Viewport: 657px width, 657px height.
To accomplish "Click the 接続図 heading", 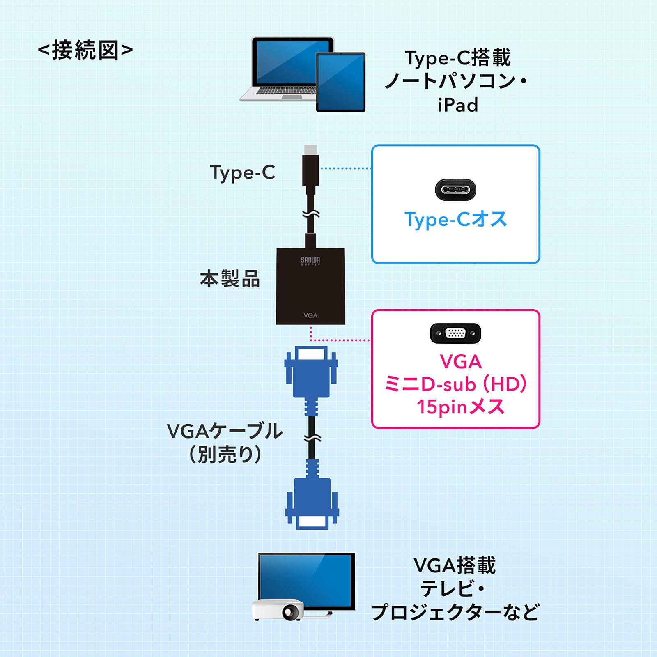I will pos(85,50).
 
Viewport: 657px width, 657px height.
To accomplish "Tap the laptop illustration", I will pos(283,68).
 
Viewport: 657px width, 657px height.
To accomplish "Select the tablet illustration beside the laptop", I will pos(340,82).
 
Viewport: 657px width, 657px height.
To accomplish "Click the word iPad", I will pos(458,105).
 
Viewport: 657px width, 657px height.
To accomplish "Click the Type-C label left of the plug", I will pos(242,172).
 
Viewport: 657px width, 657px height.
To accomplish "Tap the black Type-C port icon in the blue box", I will pos(455,190).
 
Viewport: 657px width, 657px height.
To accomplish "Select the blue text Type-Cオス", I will pos(455,219).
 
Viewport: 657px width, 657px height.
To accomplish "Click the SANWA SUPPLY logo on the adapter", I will pos(310,261).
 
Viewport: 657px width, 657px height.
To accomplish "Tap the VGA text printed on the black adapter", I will pos(310,315).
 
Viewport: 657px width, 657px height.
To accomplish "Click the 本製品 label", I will pos(230,279).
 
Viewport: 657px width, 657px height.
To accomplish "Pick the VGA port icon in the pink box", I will pos(455,333).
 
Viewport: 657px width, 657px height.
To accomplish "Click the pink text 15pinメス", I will pos(460,407).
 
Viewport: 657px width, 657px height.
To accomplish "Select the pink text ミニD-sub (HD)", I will pos(455,384).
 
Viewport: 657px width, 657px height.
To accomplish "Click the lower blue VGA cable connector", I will pos(312,503).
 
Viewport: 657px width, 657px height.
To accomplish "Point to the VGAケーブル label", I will pos(225,431).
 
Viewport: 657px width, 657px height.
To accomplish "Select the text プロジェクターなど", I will pos(455,612).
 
